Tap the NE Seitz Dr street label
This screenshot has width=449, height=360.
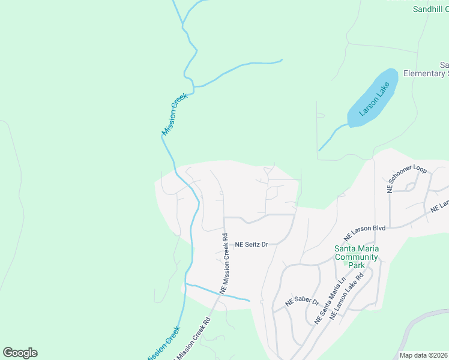click(251, 245)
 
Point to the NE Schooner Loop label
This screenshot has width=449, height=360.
click(407, 179)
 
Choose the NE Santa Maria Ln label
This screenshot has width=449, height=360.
click(330, 301)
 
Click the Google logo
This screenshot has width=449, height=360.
click(20, 353)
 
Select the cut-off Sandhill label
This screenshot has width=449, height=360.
click(431, 9)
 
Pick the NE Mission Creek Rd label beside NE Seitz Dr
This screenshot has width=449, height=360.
click(224, 263)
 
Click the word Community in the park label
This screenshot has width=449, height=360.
click(356, 257)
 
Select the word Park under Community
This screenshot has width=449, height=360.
click(357, 265)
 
